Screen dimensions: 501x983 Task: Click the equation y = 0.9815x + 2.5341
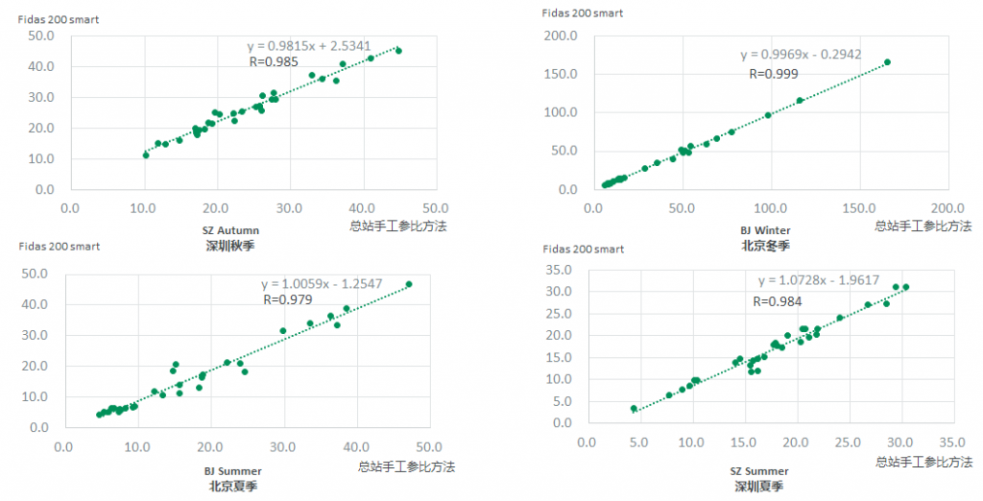coord(322,45)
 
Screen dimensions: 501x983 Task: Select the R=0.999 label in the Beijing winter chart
coord(775,73)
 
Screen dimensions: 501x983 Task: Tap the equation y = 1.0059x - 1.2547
coord(336,284)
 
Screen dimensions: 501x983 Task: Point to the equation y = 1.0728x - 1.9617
coord(832,281)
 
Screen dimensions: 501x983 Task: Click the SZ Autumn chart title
coord(232,230)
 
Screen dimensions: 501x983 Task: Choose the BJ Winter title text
coord(765,230)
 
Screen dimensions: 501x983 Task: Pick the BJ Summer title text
coord(233,471)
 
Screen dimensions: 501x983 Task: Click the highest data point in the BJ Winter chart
coord(887,61)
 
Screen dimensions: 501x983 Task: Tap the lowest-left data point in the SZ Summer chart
coord(634,408)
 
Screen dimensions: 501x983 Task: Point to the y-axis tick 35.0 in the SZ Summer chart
coord(560,270)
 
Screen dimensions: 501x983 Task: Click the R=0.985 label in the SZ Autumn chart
coord(274,62)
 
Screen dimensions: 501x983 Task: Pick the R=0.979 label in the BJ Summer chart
coord(287,299)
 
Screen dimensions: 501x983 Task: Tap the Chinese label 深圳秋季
coord(232,245)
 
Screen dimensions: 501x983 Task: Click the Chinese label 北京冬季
coord(765,246)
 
